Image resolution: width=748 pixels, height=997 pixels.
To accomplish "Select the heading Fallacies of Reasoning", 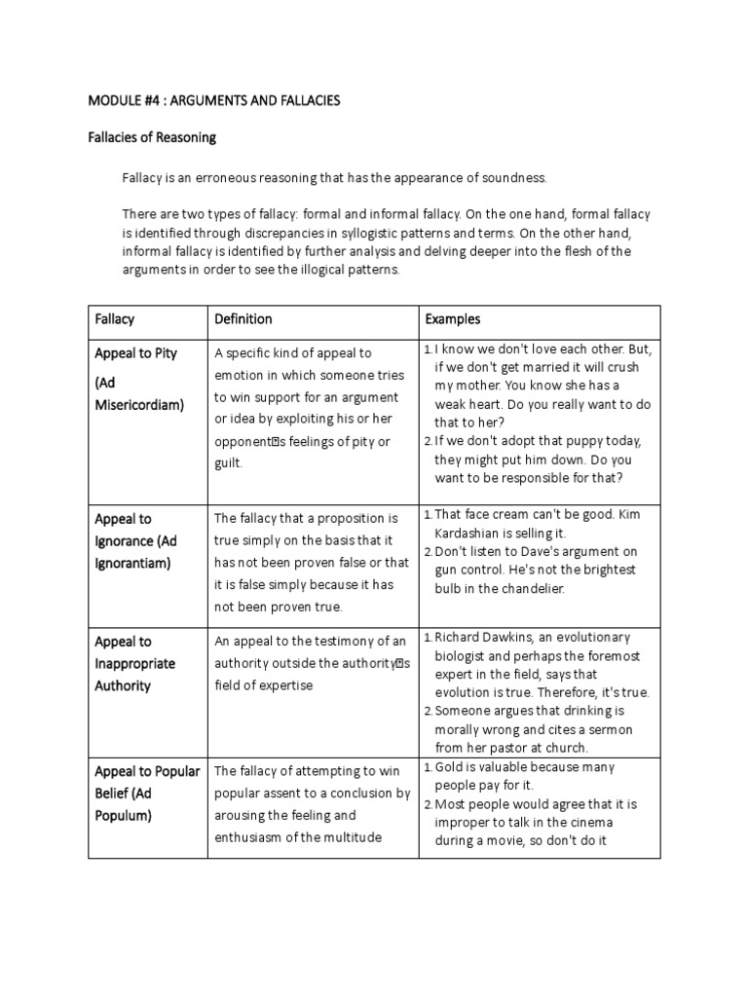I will (x=152, y=138).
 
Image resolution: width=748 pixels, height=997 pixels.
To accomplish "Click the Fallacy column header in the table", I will (x=115, y=319).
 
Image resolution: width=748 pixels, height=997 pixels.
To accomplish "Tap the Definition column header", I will (x=243, y=319).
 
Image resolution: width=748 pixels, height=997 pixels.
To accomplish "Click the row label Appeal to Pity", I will (x=136, y=353).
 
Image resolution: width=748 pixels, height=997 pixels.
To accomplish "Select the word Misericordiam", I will (x=139, y=405).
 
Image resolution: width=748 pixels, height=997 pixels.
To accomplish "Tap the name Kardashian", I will (x=470, y=534).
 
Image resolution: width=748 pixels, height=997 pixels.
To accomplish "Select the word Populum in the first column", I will (x=123, y=816).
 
